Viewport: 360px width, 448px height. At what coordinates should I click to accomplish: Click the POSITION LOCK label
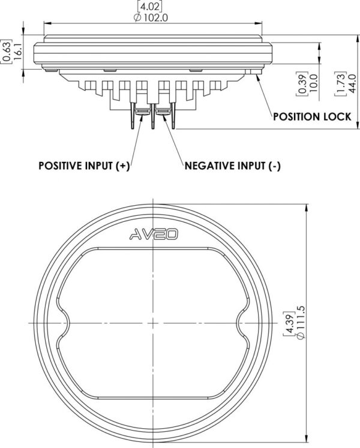[312, 116]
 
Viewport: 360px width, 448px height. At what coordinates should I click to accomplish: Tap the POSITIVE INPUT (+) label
[84, 166]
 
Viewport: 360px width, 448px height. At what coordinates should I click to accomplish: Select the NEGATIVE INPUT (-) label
[232, 166]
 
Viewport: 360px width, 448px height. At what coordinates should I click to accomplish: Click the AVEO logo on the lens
[154, 234]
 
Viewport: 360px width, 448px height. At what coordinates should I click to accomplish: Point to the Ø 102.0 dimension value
[151, 18]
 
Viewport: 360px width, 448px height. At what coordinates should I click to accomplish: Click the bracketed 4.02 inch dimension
[151, 6]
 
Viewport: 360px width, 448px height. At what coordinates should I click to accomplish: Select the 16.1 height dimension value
[18, 51]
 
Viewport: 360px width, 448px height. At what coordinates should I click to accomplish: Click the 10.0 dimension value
[313, 83]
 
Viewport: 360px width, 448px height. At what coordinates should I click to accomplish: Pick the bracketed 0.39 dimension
[302, 83]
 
